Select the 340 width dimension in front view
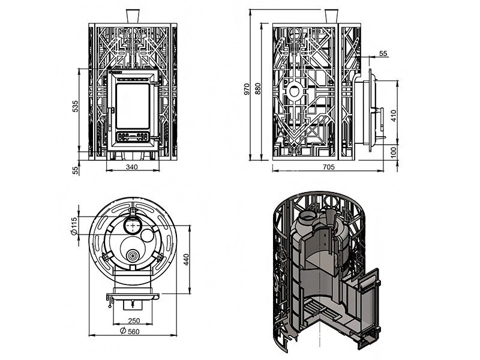click(133, 167)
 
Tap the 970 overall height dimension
click(247, 89)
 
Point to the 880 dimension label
click(259, 89)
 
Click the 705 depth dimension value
click(329, 167)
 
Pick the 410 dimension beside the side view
click(394, 115)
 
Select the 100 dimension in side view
click(394, 153)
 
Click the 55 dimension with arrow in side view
click(384, 53)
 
